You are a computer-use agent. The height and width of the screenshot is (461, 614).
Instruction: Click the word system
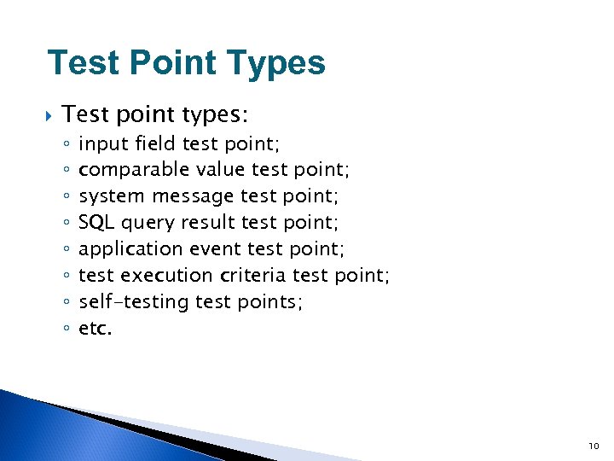[111, 196]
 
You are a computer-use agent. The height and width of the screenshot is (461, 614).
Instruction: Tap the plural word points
[271, 302]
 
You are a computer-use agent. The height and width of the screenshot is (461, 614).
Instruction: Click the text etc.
[95, 328]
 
